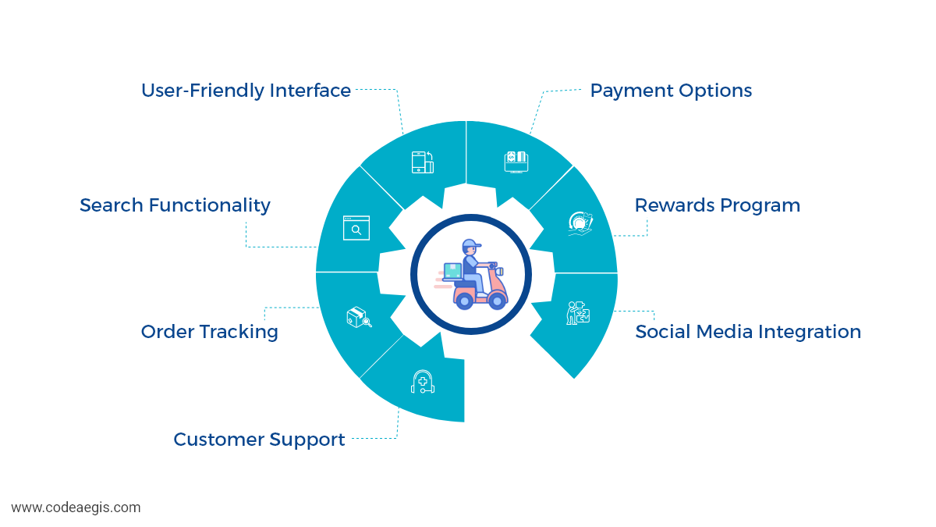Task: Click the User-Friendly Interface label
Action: (x=246, y=91)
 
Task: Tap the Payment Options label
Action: (x=671, y=91)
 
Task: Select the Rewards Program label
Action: (x=717, y=205)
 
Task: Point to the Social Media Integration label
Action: (x=748, y=332)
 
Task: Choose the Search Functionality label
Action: (x=175, y=205)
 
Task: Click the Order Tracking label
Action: (x=209, y=332)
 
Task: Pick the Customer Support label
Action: (x=259, y=440)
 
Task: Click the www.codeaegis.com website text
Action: (x=76, y=507)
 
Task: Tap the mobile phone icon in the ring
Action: (x=422, y=162)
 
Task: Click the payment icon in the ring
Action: (x=516, y=161)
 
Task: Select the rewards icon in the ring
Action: (x=580, y=223)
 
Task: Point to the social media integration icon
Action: (x=578, y=313)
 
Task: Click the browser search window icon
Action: (x=356, y=228)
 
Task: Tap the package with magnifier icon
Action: (x=358, y=317)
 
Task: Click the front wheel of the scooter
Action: (x=497, y=300)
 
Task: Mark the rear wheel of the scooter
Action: (x=465, y=300)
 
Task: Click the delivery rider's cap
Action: (x=471, y=244)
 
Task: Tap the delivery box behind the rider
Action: (x=452, y=271)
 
